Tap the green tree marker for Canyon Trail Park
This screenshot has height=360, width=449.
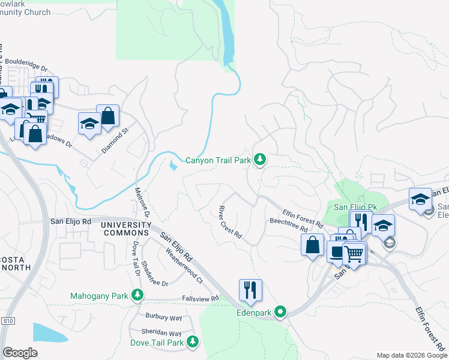pos(260,160)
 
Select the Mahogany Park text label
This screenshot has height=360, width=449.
pos(99,296)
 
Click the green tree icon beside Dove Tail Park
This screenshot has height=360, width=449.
pos(193,342)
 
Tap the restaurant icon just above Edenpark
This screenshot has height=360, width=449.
pos(250,290)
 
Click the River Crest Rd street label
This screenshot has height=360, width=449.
pos(229,222)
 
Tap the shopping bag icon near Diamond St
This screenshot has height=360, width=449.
pos(108,116)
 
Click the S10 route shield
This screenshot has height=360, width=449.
pos(7,321)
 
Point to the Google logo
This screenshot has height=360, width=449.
pos(20,352)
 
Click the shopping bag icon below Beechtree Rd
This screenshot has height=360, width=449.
pos(312,245)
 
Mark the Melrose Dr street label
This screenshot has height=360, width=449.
pos(142,202)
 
